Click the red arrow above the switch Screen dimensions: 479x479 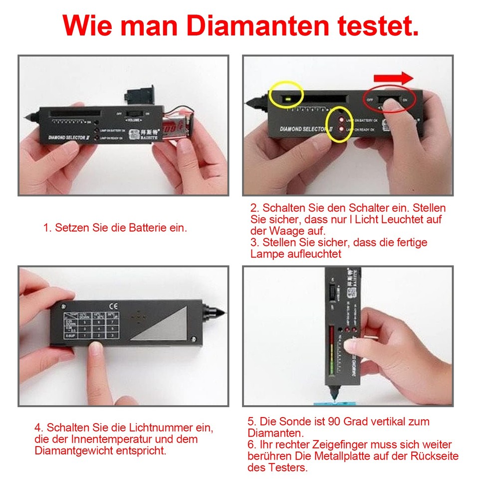[393, 78]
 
